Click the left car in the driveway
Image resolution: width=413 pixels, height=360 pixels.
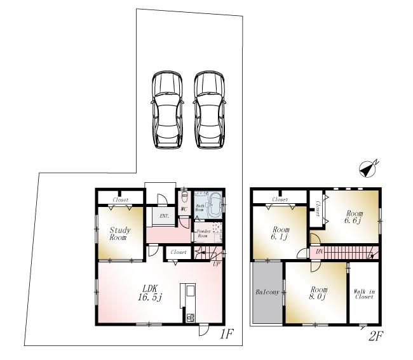[x=166, y=110]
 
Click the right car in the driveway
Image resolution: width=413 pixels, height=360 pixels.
[x=210, y=110]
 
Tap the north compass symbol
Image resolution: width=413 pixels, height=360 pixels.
[x=368, y=168]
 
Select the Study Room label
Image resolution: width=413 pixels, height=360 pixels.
[x=119, y=234]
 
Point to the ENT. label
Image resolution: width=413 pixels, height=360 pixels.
[x=164, y=216]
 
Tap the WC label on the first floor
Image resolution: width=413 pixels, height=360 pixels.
[x=184, y=208]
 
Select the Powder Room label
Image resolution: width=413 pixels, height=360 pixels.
[x=203, y=233]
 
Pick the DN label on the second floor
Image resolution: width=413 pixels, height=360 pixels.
[x=318, y=252]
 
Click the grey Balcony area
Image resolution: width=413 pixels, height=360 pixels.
[x=267, y=293]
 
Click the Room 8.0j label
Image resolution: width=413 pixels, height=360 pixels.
[x=318, y=292]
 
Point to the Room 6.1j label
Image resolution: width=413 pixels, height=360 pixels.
[x=280, y=233]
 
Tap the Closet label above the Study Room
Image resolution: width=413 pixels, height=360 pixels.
[x=120, y=200]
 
